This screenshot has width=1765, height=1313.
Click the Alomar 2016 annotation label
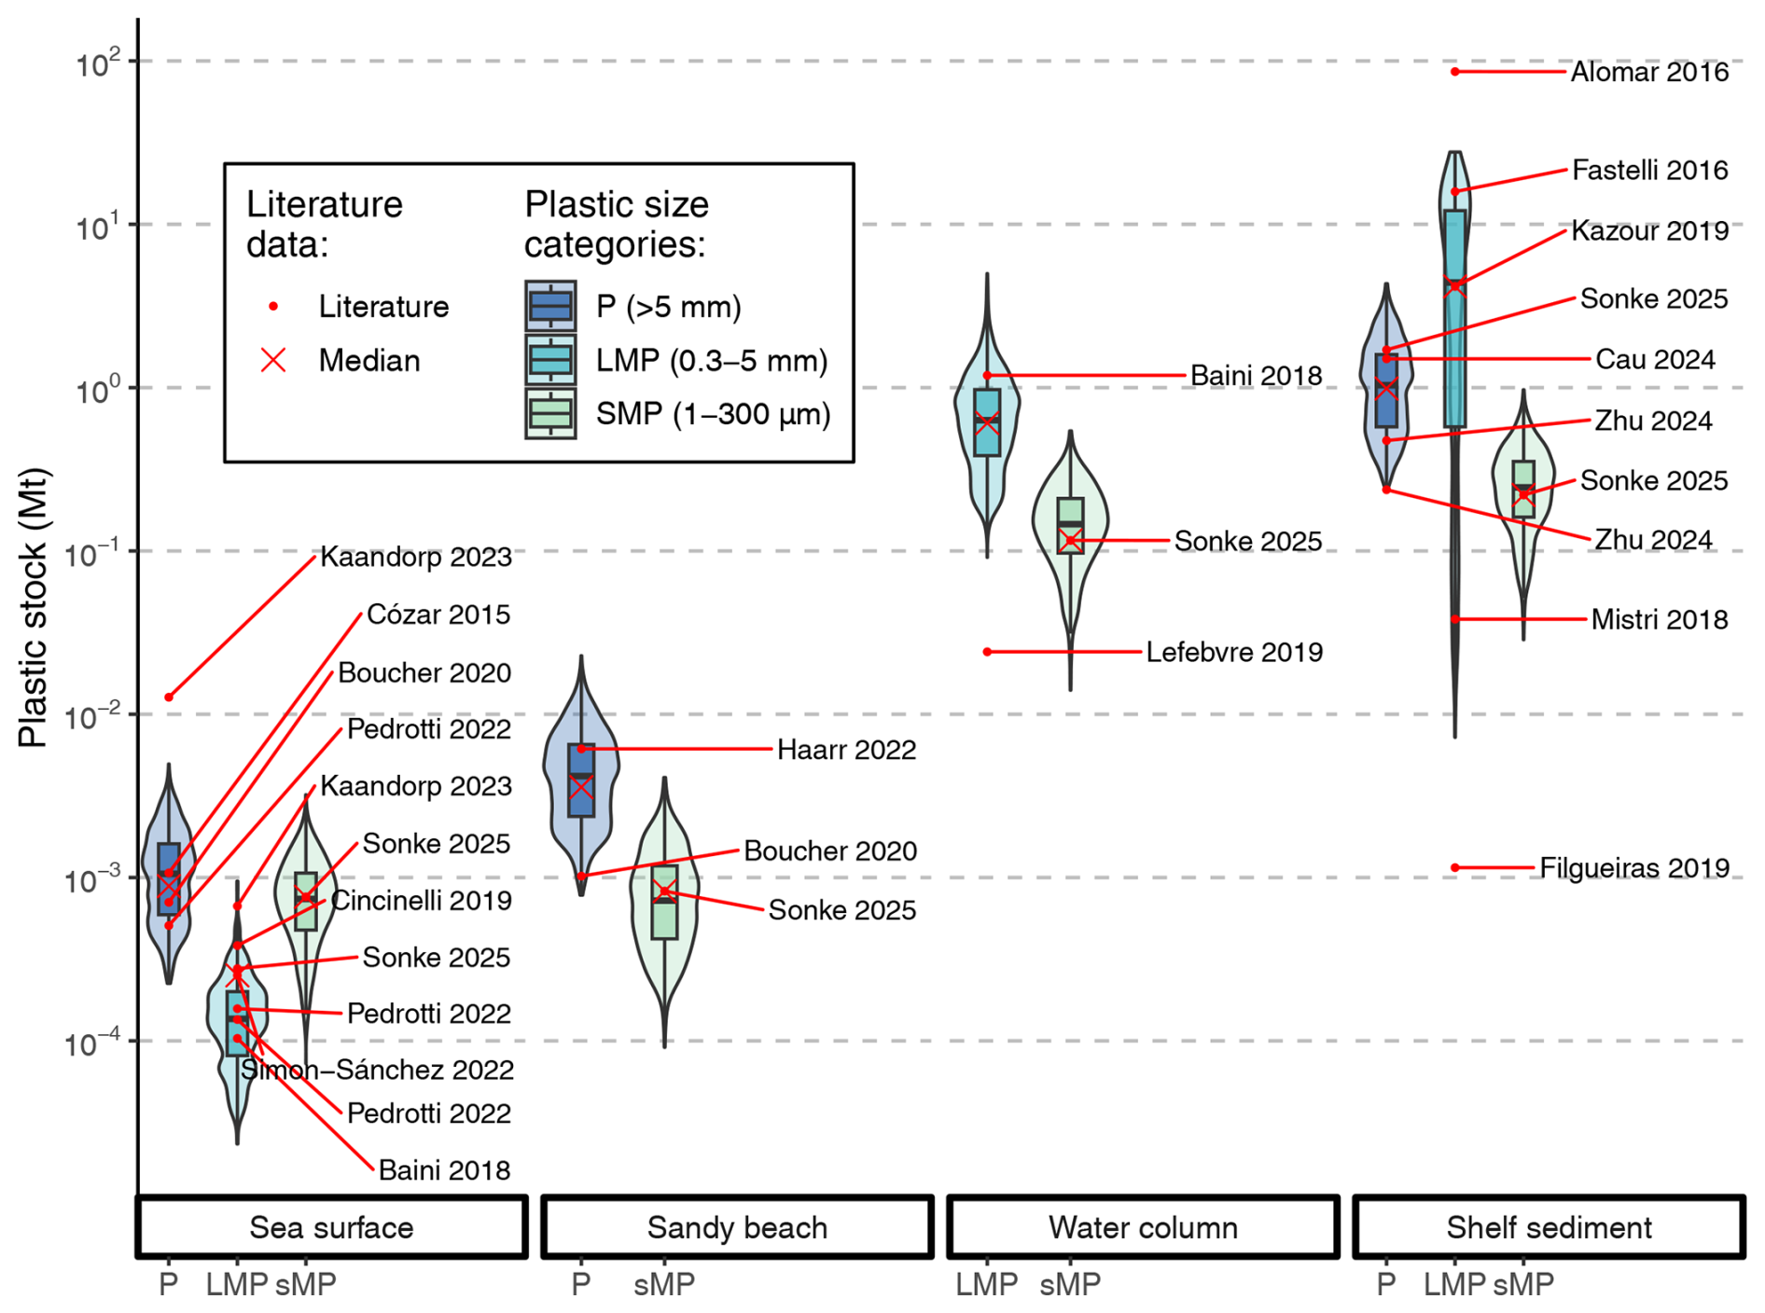tap(1648, 72)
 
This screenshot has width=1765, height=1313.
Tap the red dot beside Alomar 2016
tap(1454, 72)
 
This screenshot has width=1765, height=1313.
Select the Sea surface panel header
tap(331, 1227)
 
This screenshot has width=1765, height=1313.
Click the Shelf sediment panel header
tap(1549, 1227)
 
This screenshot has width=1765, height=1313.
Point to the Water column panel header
tap(1143, 1227)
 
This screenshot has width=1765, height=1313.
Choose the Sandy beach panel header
tap(737, 1227)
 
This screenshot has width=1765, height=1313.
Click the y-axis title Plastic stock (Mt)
tap(33, 607)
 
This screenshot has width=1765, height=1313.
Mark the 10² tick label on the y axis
tap(98, 63)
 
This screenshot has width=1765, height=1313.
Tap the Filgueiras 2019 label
tap(1633, 868)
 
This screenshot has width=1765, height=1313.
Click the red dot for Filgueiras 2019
tap(1454, 868)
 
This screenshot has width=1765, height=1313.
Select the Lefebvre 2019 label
tap(1233, 652)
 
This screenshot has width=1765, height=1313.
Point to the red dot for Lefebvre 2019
tap(987, 652)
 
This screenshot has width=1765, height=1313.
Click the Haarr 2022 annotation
tap(846, 750)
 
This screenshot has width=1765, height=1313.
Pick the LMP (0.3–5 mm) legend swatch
tap(550, 360)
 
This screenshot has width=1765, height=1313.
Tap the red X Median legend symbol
tap(273, 360)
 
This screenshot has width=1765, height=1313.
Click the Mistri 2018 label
tap(1659, 619)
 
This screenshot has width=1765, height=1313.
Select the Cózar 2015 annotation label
tap(438, 615)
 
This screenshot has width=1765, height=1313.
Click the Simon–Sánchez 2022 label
tap(378, 1070)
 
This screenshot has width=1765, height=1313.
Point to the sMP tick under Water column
tap(1070, 1284)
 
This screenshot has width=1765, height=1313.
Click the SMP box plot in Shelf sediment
tap(1523, 489)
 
